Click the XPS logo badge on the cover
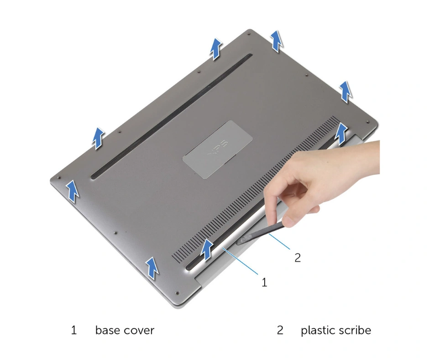click(218, 149)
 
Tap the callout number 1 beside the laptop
click(264, 282)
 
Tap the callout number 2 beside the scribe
click(298, 258)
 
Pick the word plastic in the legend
click(317, 330)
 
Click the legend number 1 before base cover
click(74, 330)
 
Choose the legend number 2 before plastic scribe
click(280, 330)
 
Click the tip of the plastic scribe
click(239, 242)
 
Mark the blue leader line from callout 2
click(279, 241)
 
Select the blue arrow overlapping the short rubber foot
click(207, 249)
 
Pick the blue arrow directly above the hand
click(341, 133)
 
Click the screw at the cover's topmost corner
click(248, 34)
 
